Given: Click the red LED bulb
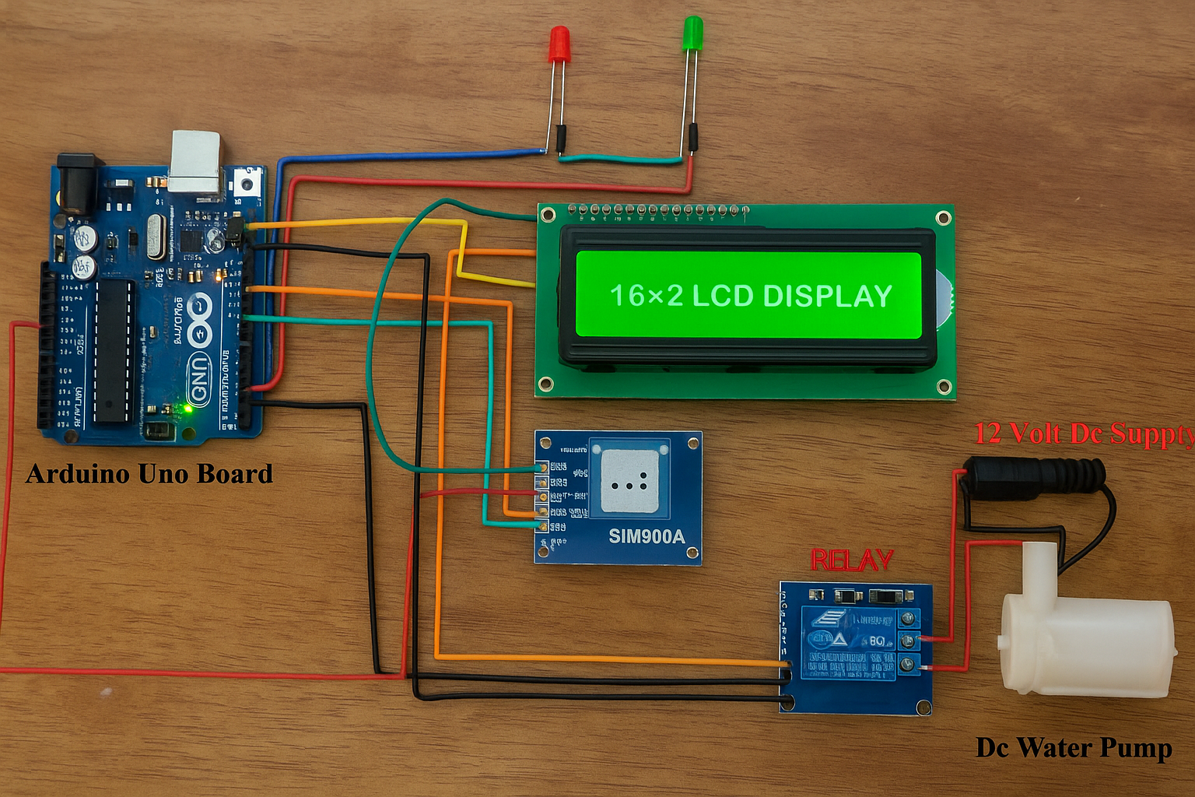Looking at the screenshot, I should [559, 44].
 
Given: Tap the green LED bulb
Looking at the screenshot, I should [692, 35].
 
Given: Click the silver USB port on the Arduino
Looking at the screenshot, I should [195, 161].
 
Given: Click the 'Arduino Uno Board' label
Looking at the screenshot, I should [149, 474].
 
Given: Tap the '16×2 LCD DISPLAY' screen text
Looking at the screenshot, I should [750, 296].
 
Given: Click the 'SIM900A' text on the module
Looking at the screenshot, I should [646, 536].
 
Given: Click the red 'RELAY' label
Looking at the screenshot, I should [851, 560].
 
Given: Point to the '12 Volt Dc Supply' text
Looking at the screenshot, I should [1083, 434].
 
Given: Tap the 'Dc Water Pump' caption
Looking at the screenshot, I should [1074, 748].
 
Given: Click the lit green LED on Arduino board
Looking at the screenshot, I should [187, 407].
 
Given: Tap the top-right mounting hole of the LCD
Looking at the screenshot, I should [943, 218].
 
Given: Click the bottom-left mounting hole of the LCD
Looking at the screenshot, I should [546, 384].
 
